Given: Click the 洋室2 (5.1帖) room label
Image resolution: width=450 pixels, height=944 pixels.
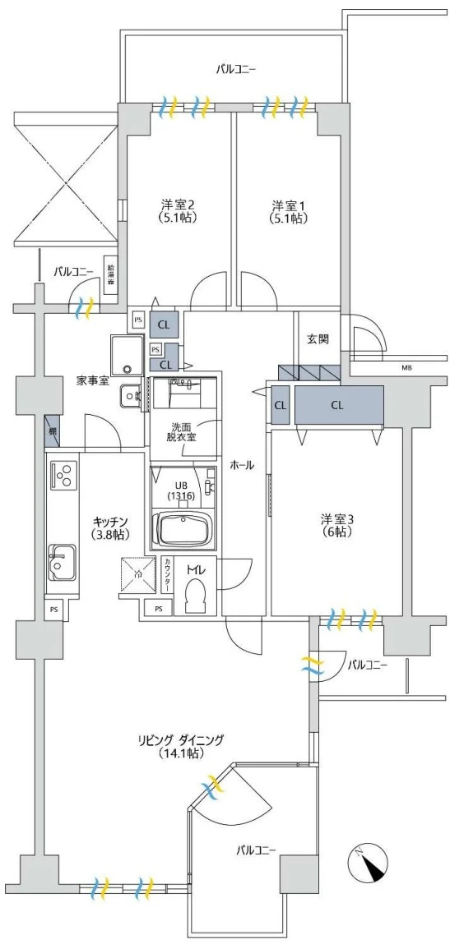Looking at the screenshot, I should (179, 211).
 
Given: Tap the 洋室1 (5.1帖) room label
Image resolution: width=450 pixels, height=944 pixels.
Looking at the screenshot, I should (289, 211).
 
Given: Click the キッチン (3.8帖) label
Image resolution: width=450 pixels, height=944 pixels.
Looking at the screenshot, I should (109, 527).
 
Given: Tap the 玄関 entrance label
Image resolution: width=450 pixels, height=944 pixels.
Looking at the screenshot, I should (318, 338).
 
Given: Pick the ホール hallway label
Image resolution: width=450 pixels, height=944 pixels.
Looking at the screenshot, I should (242, 465).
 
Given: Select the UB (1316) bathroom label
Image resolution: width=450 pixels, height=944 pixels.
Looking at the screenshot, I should (180, 490).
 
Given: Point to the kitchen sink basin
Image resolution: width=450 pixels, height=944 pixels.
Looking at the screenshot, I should (61, 563).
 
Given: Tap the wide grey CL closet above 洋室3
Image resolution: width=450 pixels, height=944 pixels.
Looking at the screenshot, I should (338, 404).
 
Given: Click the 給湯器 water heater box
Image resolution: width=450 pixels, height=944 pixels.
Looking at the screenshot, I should (110, 274).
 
